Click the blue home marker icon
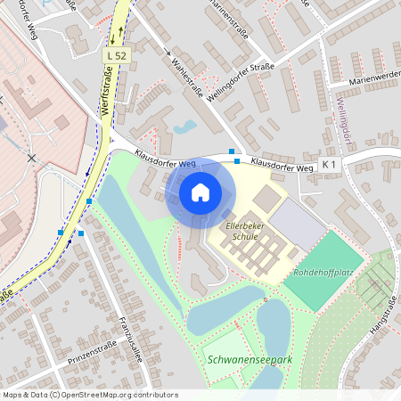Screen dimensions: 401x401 (200, 192)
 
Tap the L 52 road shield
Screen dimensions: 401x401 (115, 56)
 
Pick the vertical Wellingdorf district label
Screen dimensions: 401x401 (342, 119)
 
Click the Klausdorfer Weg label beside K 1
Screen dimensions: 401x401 (282, 166)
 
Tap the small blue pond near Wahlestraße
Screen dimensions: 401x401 (186, 127)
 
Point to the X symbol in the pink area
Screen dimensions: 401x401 (32, 158)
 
